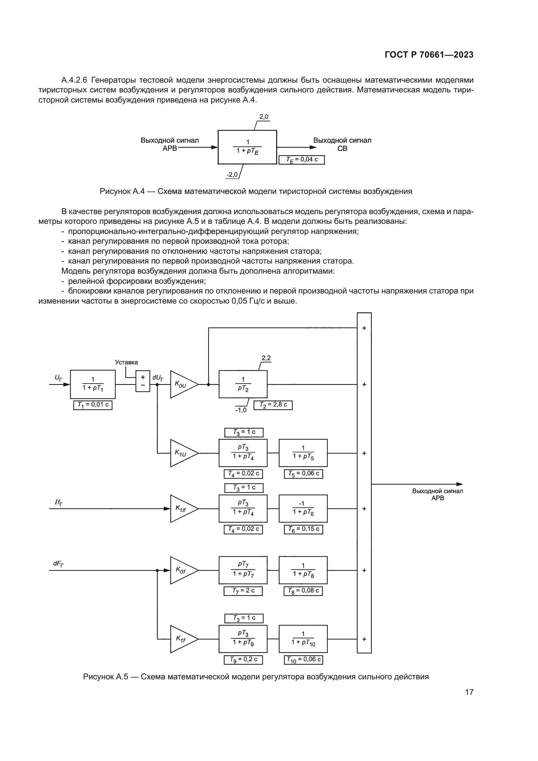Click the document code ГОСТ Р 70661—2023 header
click(429, 55)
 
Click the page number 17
click(469, 692)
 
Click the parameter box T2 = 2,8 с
click(273, 405)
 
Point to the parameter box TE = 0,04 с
click(302, 160)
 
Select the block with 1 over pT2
click(243, 384)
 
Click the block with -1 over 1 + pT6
click(303, 509)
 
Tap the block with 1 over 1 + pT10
click(303, 639)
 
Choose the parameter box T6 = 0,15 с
click(303, 529)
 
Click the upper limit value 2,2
click(266, 358)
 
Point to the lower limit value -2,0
click(232, 175)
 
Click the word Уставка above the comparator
click(126, 362)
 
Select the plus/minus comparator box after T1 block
click(143, 381)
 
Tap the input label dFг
click(58, 564)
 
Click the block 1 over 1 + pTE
click(247, 147)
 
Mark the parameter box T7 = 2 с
click(243, 591)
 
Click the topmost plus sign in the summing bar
click(364, 328)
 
